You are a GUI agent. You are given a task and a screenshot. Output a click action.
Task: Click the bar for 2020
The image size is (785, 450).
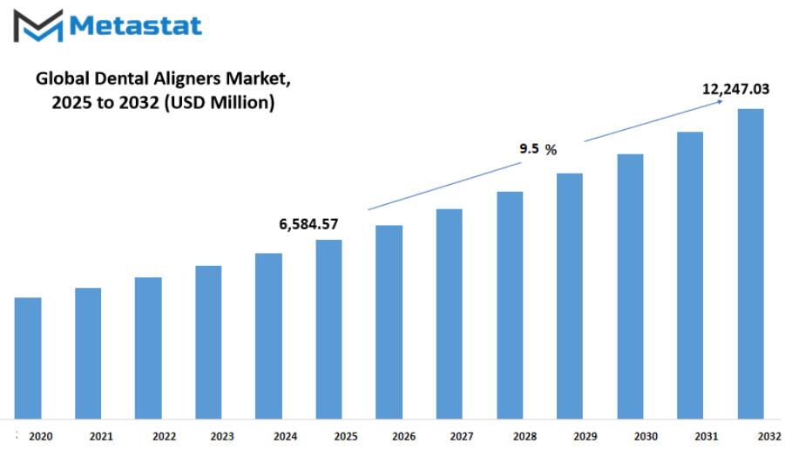28,358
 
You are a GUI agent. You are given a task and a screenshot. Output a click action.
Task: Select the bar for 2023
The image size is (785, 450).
208,342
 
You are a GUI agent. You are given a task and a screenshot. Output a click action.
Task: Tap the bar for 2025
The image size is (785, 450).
329,330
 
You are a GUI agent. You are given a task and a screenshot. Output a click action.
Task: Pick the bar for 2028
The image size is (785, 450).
510,305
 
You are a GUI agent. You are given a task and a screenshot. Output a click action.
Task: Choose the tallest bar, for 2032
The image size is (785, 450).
750,263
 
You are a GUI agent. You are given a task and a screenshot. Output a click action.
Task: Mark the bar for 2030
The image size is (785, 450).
630,286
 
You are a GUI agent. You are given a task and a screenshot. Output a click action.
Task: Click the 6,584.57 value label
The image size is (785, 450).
308,224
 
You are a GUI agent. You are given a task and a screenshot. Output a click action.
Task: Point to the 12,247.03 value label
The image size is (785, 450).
735,89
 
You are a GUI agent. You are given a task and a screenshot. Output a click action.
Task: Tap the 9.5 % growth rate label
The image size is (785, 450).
538,149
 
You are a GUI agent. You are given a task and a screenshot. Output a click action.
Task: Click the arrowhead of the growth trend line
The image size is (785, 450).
720,101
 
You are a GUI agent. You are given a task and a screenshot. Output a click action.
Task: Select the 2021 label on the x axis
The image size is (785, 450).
101,436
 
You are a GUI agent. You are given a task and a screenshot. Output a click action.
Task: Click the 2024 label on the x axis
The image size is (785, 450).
286,436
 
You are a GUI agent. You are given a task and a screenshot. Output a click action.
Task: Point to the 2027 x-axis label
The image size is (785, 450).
462,436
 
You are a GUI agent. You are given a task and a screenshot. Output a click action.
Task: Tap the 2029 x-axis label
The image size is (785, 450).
585,436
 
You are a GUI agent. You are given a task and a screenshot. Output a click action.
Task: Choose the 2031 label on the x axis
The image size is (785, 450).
707,436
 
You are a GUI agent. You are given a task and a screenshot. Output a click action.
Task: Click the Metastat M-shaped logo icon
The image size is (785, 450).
38,25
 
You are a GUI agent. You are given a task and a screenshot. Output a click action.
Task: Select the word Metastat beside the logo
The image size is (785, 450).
136,25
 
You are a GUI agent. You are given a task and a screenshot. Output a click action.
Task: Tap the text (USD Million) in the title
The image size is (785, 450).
220,102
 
